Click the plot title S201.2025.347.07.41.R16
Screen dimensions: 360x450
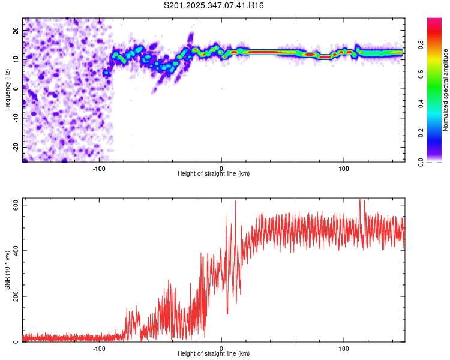214,5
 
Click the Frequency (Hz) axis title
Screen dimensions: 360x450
8,89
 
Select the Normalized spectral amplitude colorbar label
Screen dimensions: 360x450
445,90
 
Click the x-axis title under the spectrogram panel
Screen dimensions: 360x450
214,173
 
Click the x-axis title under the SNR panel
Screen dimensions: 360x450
214,353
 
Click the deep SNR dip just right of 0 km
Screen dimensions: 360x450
227,313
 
